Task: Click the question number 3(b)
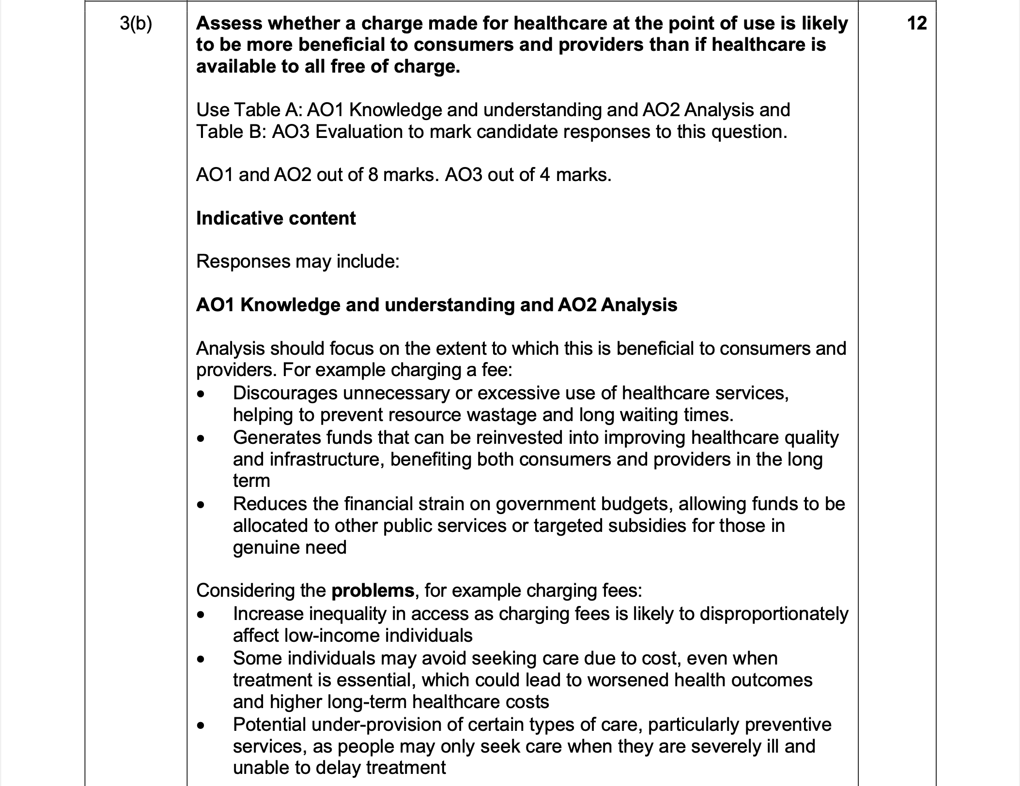point(136,24)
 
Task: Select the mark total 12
point(916,23)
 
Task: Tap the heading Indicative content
point(276,218)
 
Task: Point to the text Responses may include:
point(297,261)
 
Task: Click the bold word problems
point(372,590)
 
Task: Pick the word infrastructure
point(327,459)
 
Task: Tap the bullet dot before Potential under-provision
point(201,726)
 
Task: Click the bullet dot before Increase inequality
point(201,615)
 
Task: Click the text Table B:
point(231,132)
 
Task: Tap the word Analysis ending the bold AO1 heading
point(639,305)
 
